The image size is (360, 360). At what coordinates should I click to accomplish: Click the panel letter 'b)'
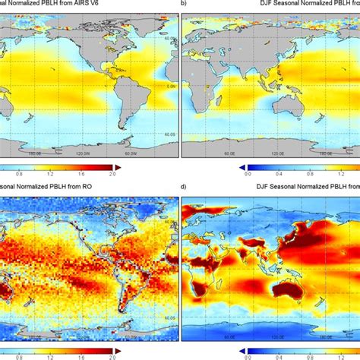click(184, 4)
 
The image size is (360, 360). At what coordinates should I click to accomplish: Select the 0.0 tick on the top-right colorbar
click(249, 175)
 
